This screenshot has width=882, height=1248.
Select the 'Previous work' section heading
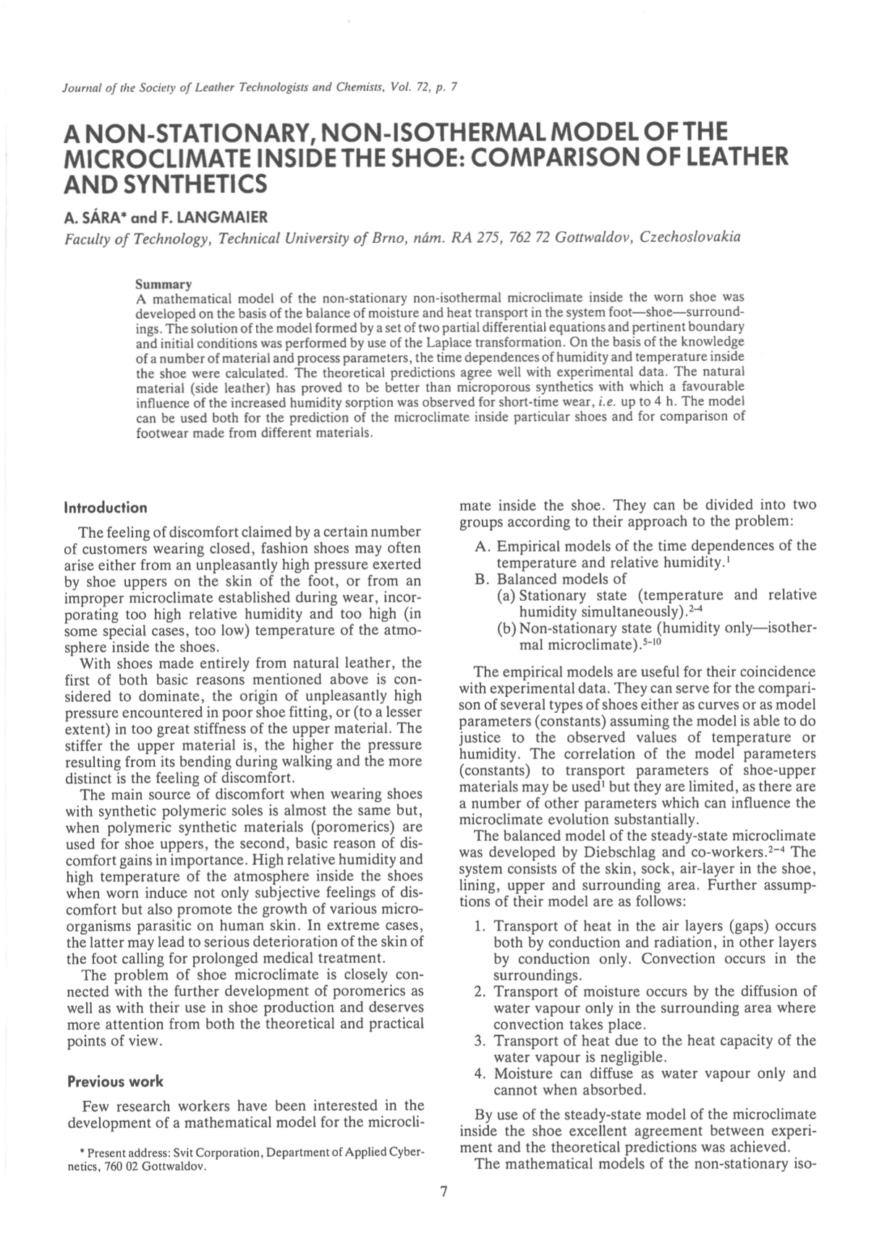pyautogui.click(x=115, y=1082)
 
